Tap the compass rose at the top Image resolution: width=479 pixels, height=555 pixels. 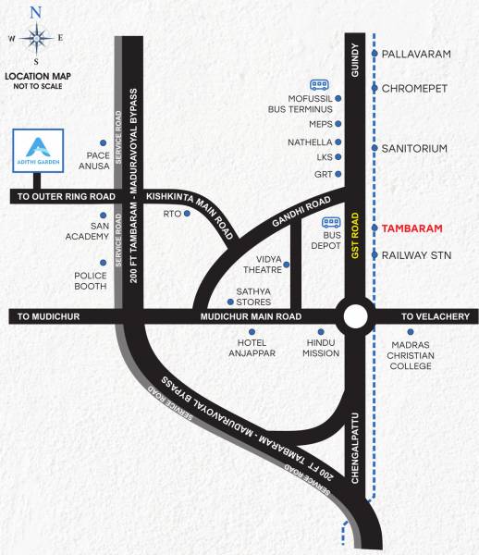[x=36, y=37]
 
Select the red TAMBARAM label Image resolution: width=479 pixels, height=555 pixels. [x=412, y=228]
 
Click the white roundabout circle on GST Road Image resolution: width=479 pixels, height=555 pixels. [x=354, y=316]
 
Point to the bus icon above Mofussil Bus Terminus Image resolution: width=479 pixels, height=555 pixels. [x=319, y=85]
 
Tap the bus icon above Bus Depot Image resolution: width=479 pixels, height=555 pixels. [x=331, y=222]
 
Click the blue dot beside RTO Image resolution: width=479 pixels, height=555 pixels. [x=188, y=214]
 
